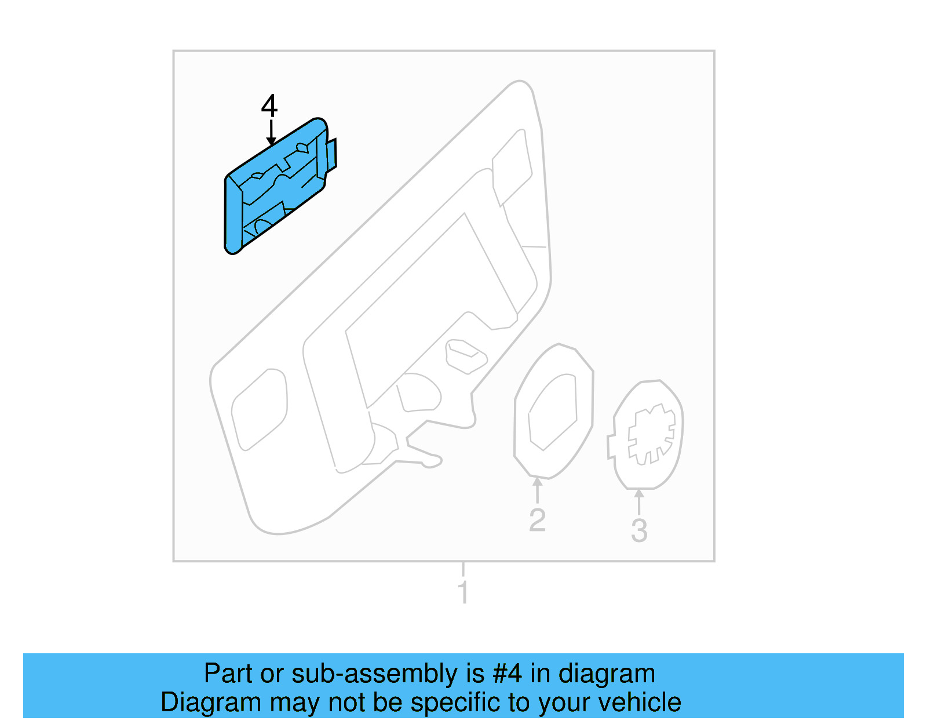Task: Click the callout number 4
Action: (269, 107)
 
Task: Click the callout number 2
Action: (537, 520)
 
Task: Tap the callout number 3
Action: (638, 530)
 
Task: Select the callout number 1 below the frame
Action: (462, 592)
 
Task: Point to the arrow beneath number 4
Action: (271, 133)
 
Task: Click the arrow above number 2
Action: (538, 490)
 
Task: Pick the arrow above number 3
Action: (639, 502)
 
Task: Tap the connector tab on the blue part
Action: (331, 155)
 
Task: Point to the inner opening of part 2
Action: (553, 412)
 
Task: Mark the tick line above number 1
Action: (463, 569)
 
